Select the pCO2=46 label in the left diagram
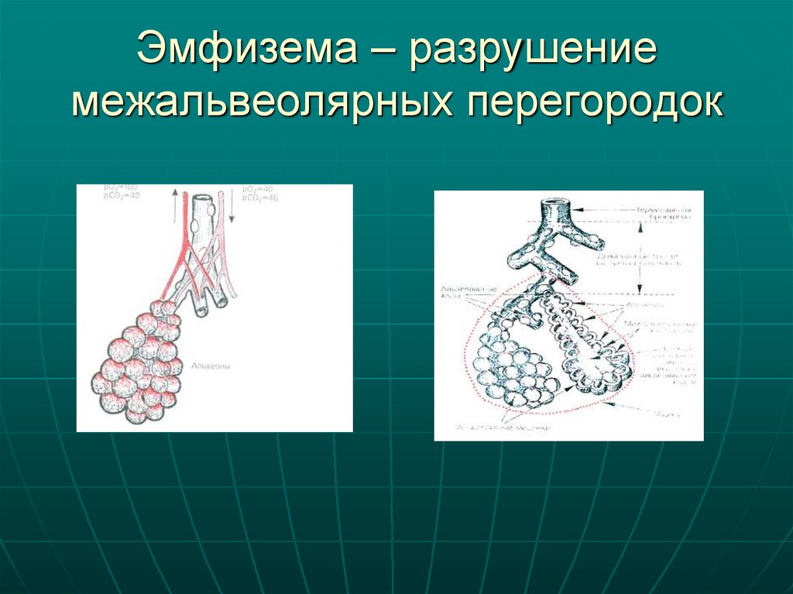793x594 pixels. coord(259,198)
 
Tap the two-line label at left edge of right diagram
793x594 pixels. coord(455,290)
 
